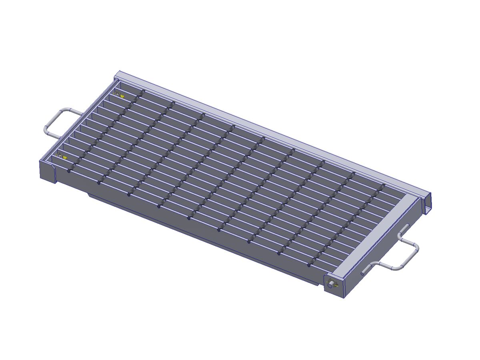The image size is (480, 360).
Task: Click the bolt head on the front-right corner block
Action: pyautogui.click(x=330, y=285)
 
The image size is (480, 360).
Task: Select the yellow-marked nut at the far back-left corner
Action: pyautogui.click(x=117, y=94)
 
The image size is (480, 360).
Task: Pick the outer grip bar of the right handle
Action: pyautogui.click(x=416, y=254)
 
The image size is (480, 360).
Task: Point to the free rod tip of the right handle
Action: pyautogui.click(x=363, y=274)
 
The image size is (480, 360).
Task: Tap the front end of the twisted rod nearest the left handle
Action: pyautogui.click(x=68, y=171)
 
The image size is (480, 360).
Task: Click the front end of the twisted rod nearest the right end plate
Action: pyautogui.click(x=309, y=264)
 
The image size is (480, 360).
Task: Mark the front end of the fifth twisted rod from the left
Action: pyautogui.click(x=189, y=218)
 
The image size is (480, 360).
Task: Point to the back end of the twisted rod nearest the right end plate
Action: pyautogui.click(x=383, y=186)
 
